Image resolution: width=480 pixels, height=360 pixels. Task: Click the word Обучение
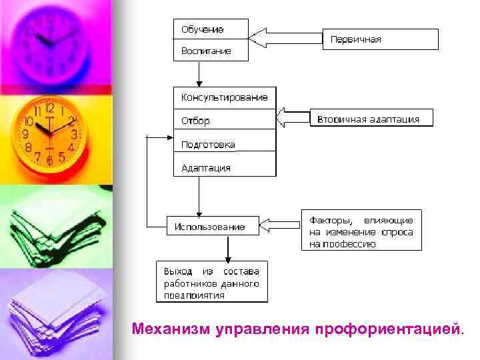pyautogui.click(x=203, y=29)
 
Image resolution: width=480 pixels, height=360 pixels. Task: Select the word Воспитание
pyautogui.click(x=206, y=51)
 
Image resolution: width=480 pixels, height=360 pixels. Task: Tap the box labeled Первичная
pyautogui.click(x=381, y=39)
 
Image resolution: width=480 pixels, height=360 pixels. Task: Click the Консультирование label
pyautogui.click(x=225, y=97)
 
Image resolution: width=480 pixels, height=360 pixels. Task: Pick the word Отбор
pyautogui.click(x=195, y=121)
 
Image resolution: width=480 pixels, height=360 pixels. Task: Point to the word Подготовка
pyautogui.click(x=208, y=145)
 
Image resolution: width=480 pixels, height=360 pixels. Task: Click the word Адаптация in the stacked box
pyautogui.click(x=206, y=168)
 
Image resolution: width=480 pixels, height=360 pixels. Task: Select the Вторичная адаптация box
pyautogui.click(x=371, y=119)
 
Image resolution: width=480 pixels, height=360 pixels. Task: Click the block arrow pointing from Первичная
pyautogui.click(x=285, y=37)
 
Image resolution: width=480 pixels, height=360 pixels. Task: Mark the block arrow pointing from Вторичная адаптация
pyautogui.click(x=293, y=118)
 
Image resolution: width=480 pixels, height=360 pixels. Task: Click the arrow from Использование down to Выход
pyautogui.click(x=229, y=247)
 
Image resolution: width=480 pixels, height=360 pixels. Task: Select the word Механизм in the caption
pyautogui.click(x=171, y=329)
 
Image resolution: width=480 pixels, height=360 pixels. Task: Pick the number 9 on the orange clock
pyautogui.click(x=25, y=134)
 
